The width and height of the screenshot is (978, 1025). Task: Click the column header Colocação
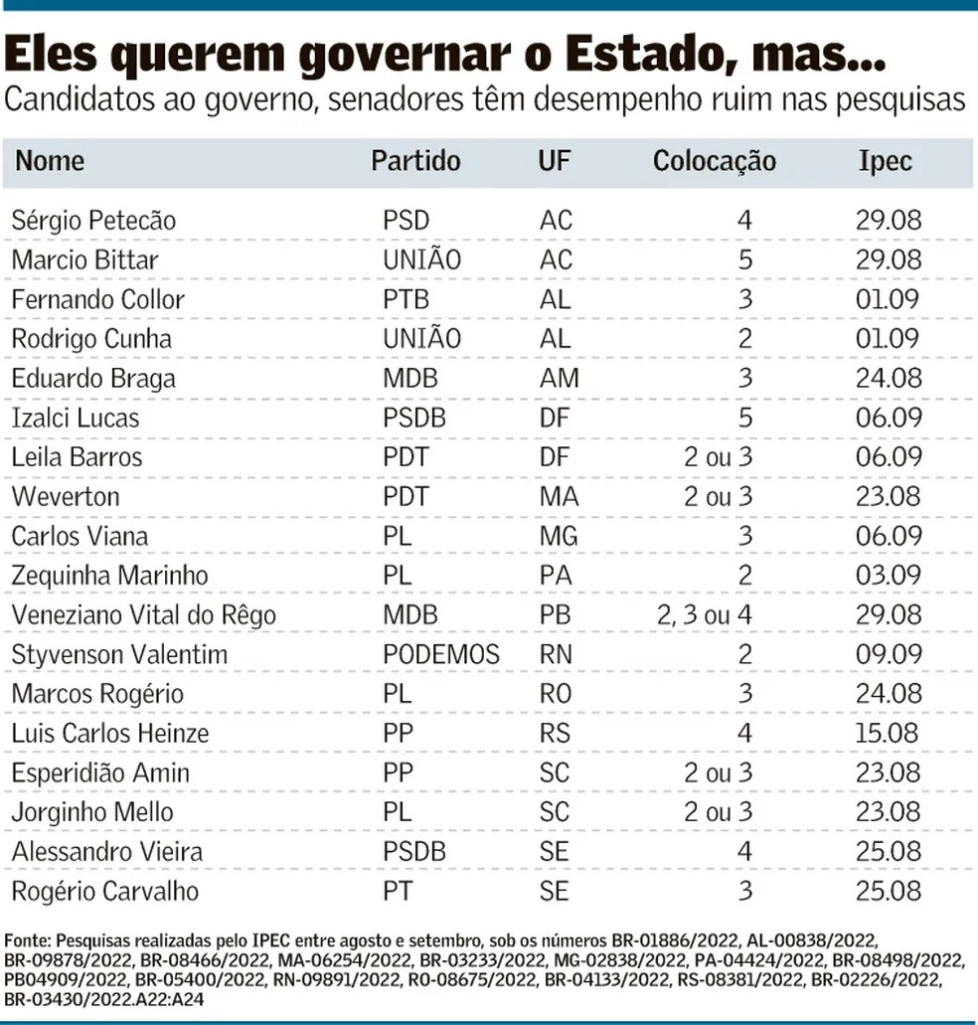(714, 161)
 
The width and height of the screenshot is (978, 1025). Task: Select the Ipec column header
(885, 161)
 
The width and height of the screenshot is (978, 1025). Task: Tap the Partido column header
(415, 161)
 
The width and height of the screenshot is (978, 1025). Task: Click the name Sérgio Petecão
(93, 220)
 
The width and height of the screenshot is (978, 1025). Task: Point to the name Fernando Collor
(97, 299)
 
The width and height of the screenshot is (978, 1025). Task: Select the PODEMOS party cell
(440, 654)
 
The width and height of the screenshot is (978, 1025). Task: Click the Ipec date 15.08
(889, 733)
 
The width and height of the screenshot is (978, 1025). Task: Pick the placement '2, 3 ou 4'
(704, 614)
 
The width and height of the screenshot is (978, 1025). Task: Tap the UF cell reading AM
(559, 378)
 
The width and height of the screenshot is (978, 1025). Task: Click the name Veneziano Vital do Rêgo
(143, 614)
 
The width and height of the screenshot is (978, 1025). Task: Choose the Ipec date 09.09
(889, 654)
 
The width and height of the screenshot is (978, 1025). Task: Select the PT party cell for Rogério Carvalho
(398, 891)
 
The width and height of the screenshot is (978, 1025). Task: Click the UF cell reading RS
(555, 733)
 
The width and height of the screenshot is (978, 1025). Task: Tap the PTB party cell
(408, 299)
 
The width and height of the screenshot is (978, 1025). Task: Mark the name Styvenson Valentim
(119, 654)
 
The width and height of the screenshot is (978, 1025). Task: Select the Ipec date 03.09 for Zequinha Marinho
(889, 575)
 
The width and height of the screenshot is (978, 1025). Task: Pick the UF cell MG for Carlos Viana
(559, 536)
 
